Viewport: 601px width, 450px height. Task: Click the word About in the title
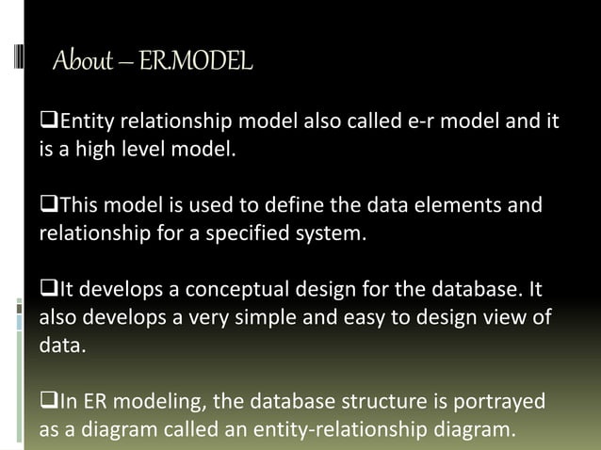tap(81, 63)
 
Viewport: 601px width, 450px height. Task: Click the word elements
tap(450, 206)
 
